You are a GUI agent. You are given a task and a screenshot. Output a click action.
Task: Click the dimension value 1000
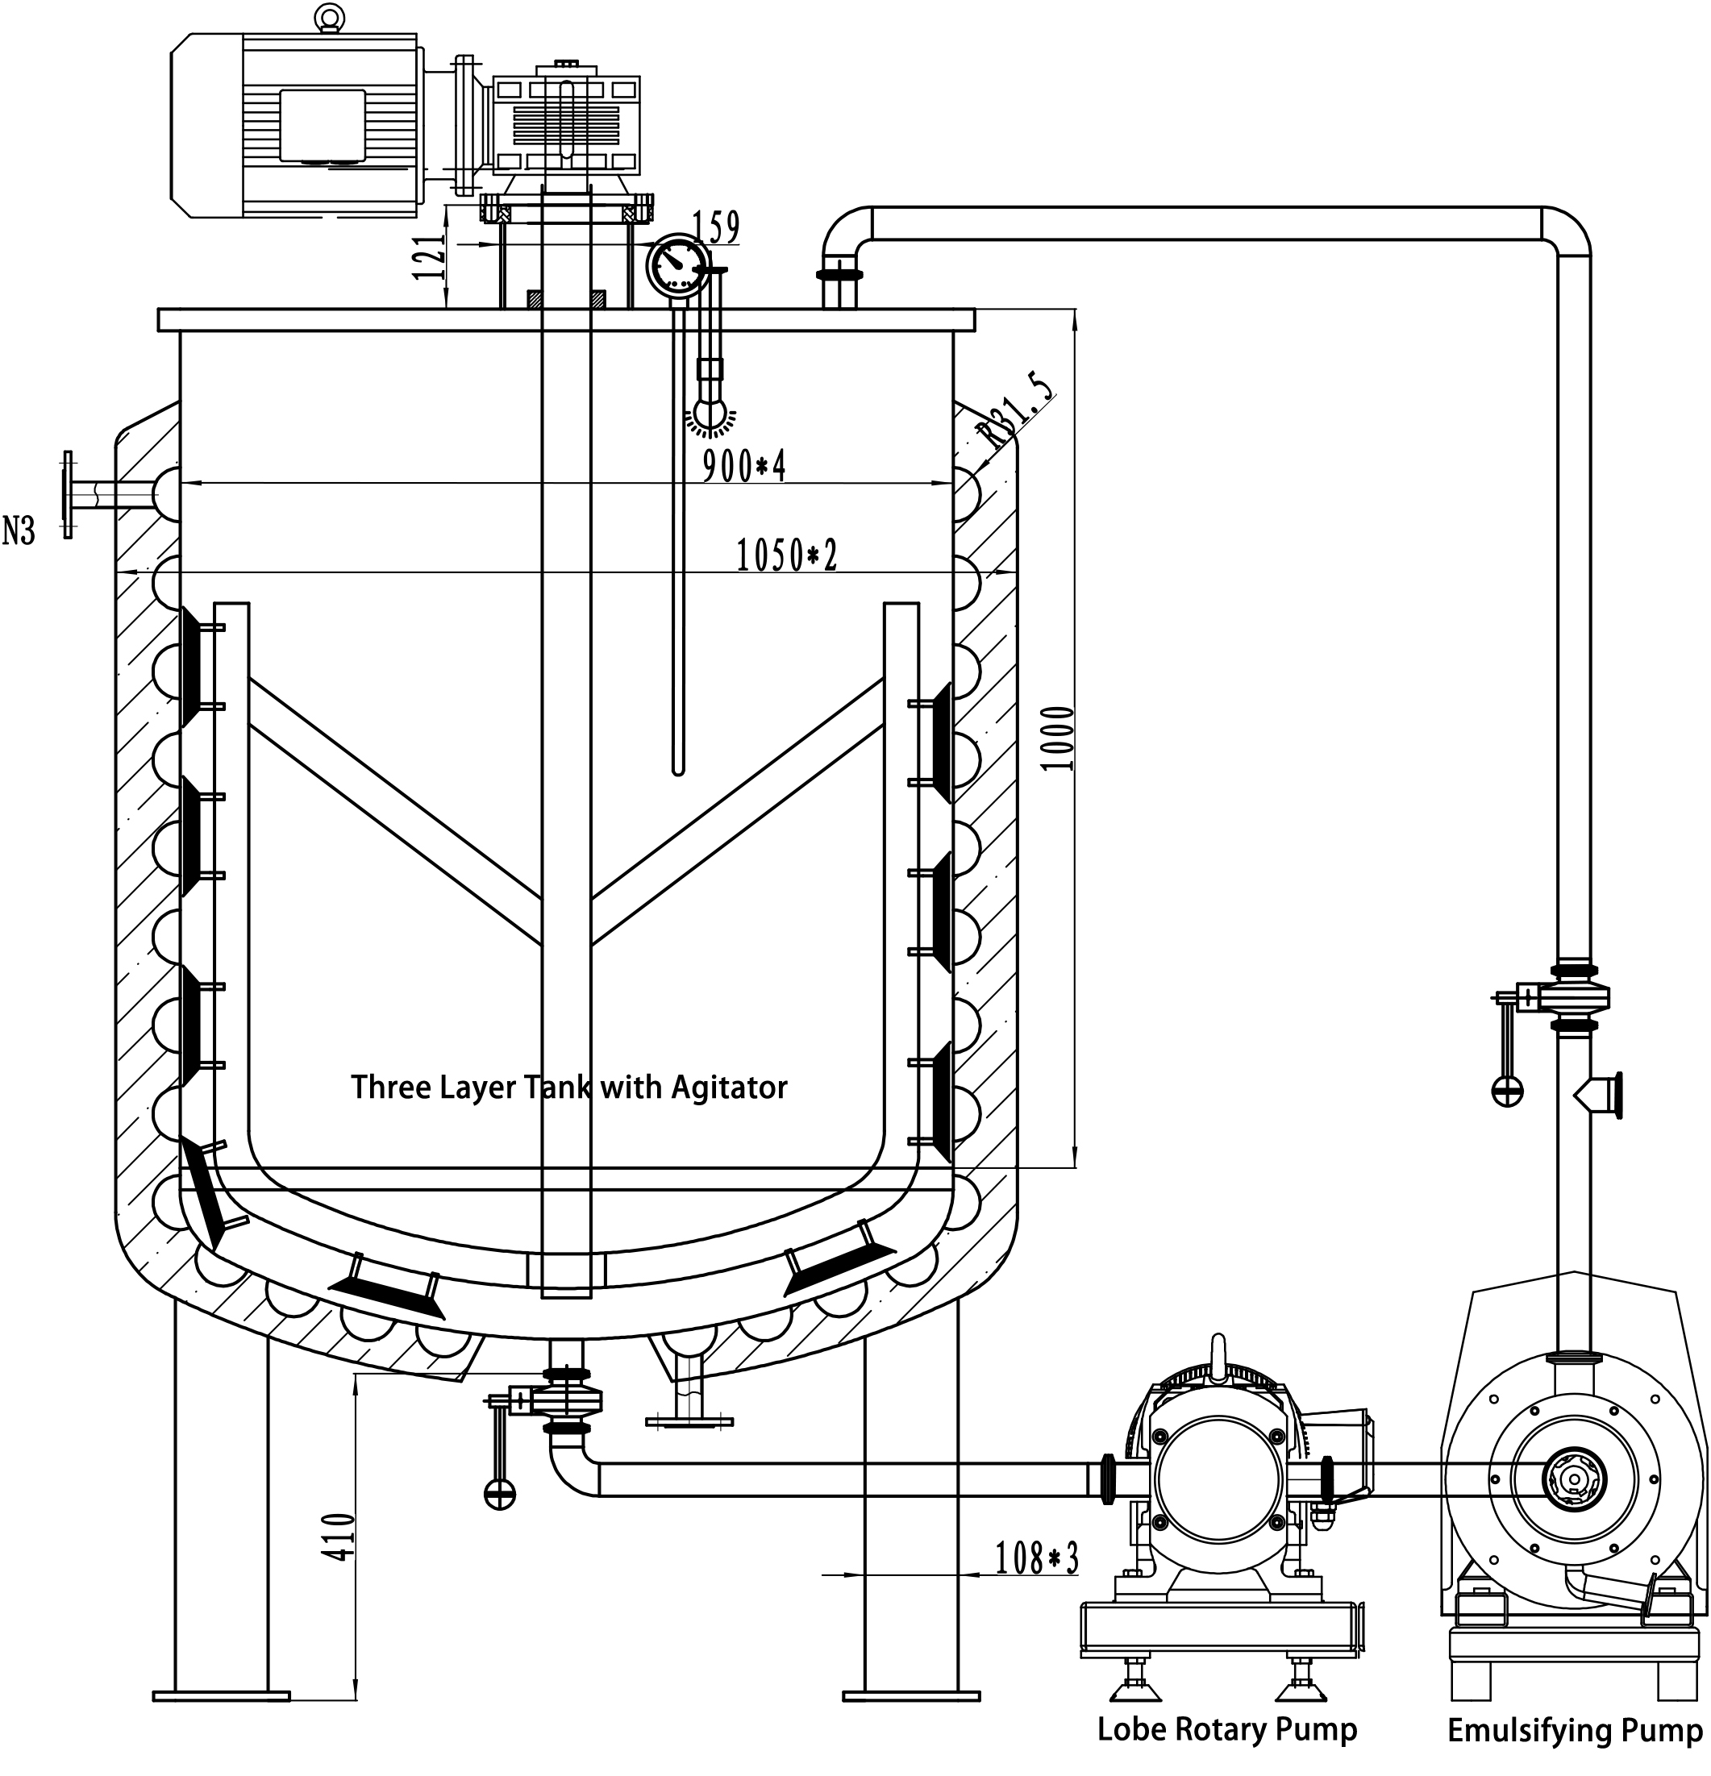[1058, 738]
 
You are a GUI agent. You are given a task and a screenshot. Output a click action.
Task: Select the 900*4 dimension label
[744, 466]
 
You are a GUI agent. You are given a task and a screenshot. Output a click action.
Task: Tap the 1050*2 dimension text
[785, 555]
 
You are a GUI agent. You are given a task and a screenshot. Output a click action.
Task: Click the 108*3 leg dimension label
[1037, 1558]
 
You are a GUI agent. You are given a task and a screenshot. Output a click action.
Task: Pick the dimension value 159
[716, 227]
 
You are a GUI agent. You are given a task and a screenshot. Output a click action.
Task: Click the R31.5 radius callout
[1019, 410]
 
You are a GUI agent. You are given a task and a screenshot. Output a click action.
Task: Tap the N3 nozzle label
[18, 530]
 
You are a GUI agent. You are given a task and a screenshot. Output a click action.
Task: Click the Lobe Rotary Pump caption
[1227, 1729]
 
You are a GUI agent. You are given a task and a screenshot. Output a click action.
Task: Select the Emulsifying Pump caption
[1575, 1730]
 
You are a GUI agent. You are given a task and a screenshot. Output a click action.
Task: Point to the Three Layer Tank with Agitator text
[569, 1088]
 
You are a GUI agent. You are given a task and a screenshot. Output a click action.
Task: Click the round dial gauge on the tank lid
[677, 264]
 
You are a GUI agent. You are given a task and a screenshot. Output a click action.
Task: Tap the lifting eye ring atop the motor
[327, 16]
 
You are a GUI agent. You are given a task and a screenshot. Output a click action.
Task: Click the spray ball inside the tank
[710, 415]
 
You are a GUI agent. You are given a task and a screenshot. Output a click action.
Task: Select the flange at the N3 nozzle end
[67, 495]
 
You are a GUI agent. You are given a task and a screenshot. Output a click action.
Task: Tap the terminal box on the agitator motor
[322, 125]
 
